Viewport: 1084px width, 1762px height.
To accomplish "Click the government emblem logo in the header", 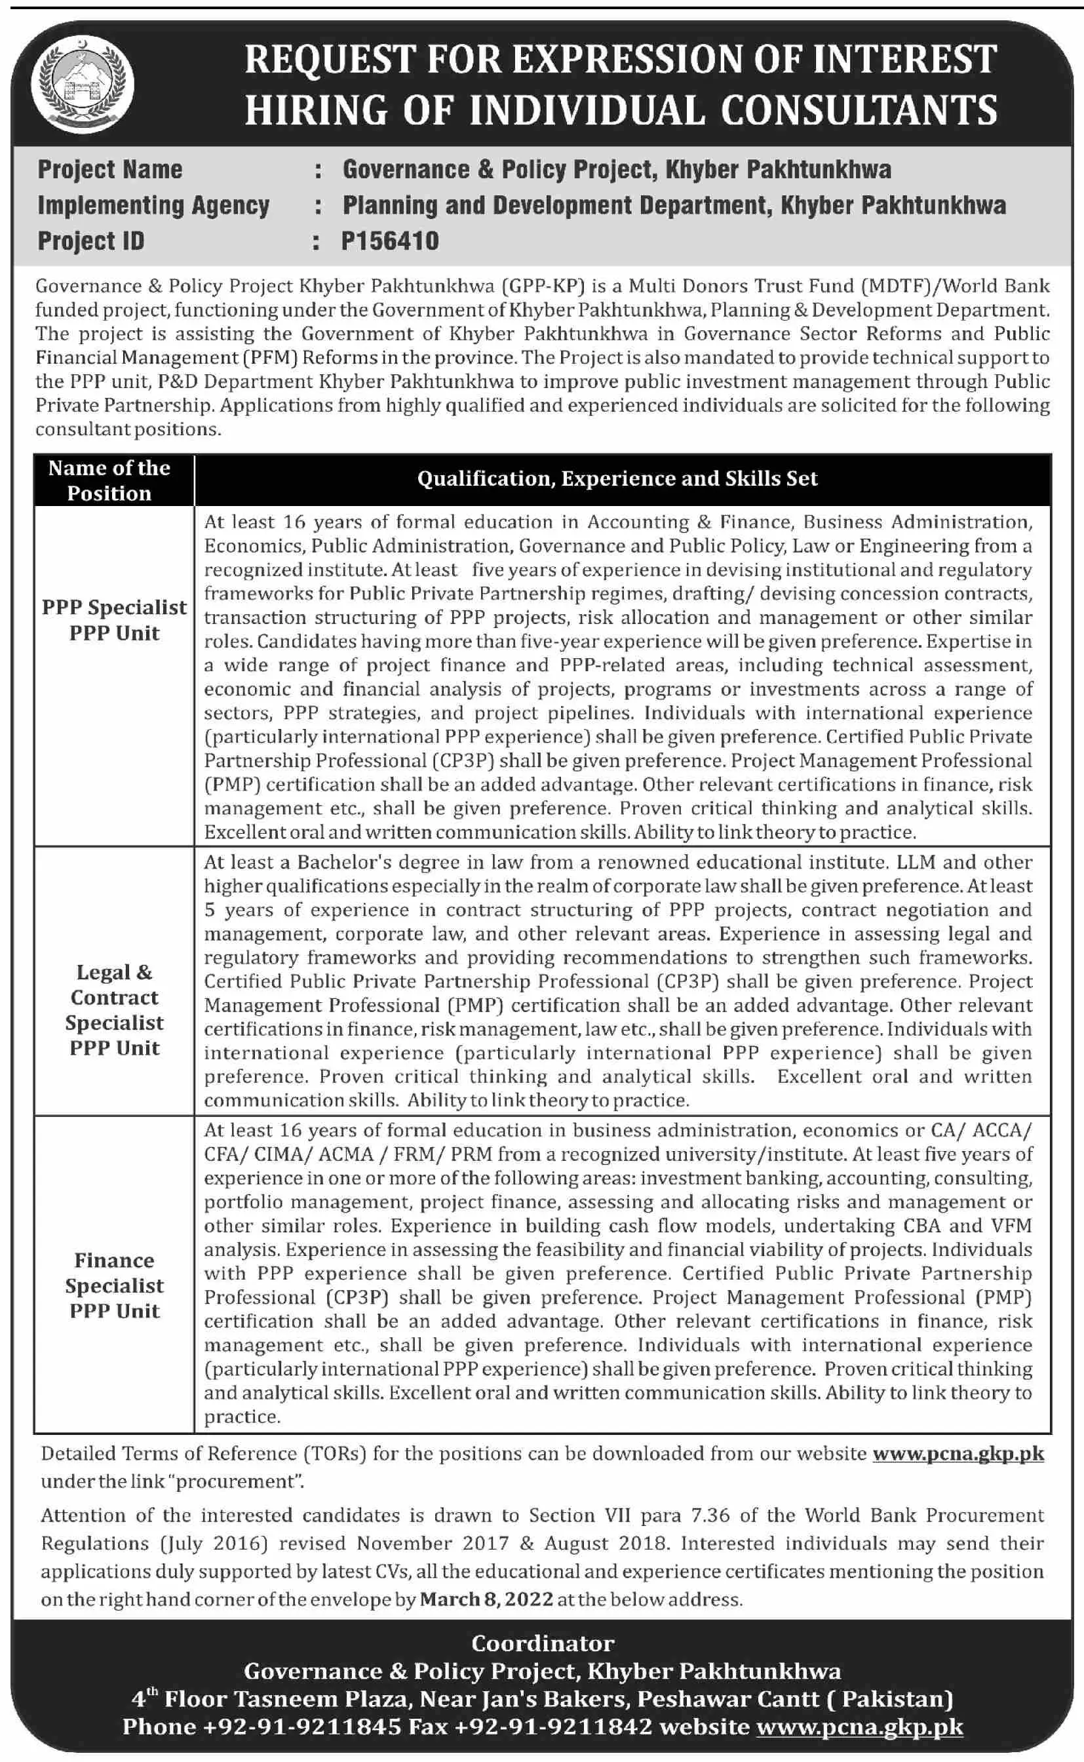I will coord(83,83).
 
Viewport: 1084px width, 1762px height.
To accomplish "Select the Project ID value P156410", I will coord(390,241).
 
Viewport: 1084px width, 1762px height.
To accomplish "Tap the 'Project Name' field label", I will coord(109,170).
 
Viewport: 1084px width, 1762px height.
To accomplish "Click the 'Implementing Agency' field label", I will coord(153,206).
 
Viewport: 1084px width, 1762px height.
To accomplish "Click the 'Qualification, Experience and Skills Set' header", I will coord(617,479).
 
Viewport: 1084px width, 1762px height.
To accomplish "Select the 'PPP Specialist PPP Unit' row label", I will coord(115,620).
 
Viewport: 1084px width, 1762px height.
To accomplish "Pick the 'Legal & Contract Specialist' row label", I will coord(115,1009).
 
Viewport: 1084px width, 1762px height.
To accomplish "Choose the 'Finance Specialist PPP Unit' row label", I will coord(115,1285).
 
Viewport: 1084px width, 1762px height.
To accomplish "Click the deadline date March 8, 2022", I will coord(486,1599).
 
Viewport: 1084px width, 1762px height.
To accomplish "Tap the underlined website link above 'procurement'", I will coord(958,1453).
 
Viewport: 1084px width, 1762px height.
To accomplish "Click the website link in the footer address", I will coord(860,1727).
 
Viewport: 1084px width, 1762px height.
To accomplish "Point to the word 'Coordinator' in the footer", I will coord(543,1643).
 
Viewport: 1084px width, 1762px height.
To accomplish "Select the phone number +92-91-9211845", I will coord(302,1727).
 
